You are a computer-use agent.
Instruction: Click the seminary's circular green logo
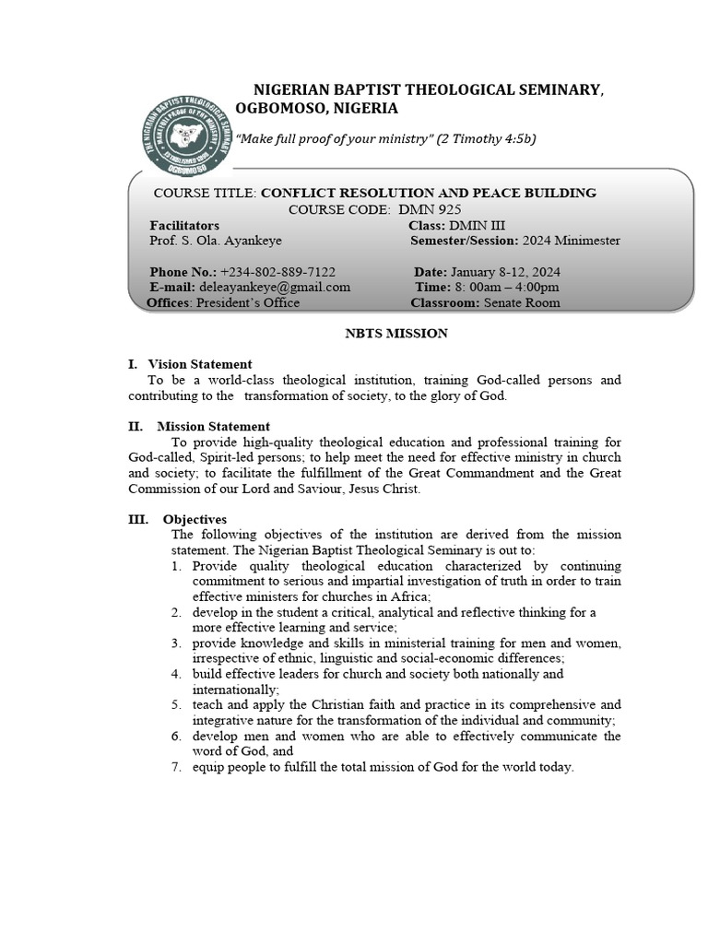[x=188, y=133]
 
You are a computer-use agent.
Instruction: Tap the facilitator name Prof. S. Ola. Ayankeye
[x=216, y=241]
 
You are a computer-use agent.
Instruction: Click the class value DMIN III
[x=477, y=225]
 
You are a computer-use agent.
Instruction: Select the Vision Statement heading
[x=200, y=364]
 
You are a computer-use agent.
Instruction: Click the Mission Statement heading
[x=213, y=426]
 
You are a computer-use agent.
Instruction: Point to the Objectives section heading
[x=195, y=519]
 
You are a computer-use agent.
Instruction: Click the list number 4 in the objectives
[x=175, y=674]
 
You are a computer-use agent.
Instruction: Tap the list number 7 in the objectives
[x=175, y=767]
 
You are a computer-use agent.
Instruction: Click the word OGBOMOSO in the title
[x=272, y=108]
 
